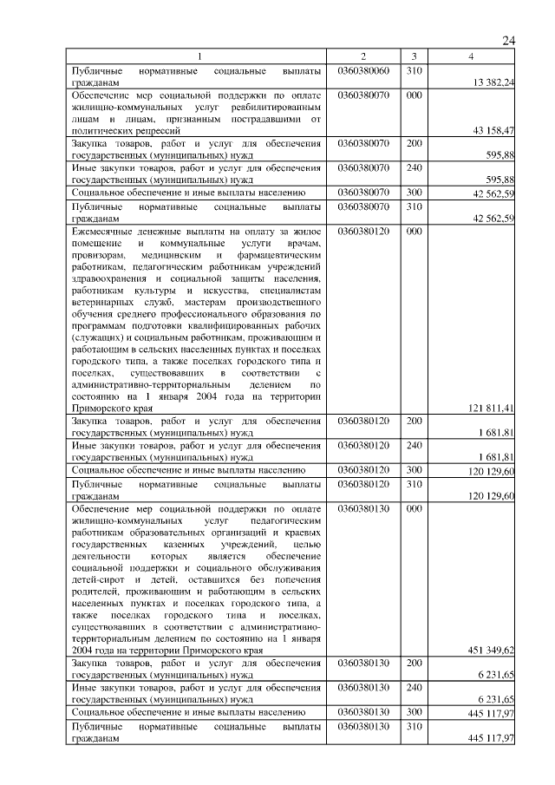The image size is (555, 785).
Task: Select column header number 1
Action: point(199,56)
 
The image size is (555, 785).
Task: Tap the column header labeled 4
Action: point(471,56)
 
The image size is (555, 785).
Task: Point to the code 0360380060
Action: point(363,69)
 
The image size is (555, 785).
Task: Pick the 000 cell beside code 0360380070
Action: point(414,93)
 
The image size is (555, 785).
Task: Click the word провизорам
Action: point(99,256)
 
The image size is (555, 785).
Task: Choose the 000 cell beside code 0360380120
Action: point(414,232)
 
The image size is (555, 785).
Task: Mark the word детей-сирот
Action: point(97,577)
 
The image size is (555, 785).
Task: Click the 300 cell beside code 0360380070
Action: point(414,193)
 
